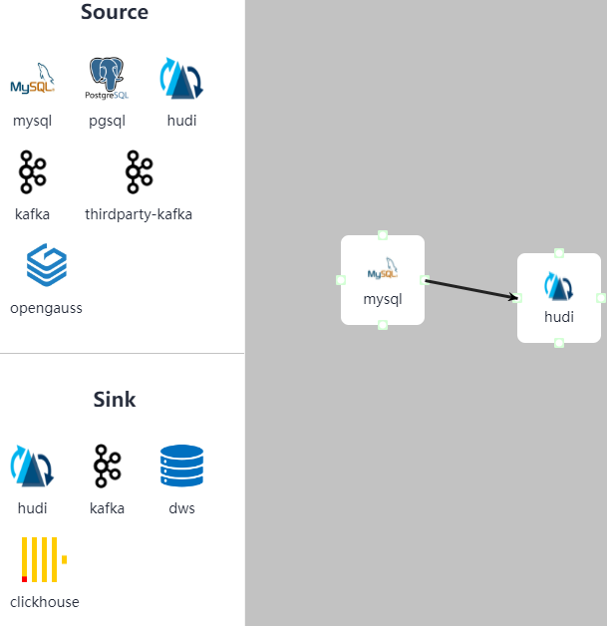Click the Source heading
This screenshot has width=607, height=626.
click(115, 13)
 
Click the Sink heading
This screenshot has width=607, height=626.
click(115, 400)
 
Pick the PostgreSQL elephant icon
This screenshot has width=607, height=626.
click(107, 79)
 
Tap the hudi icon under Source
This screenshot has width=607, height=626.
click(181, 79)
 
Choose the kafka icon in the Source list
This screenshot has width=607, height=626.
click(32, 172)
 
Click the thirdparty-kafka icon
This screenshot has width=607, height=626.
click(139, 172)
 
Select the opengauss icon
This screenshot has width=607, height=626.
click(46, 265)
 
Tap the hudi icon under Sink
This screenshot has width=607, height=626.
click(32, 466)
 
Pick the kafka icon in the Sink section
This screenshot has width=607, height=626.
click(107, 466)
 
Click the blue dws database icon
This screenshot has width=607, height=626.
click(181, 466)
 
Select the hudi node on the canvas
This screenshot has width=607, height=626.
click(559, 298)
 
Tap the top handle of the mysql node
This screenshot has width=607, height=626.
click(383, 235)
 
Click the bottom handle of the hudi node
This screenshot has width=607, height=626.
click(559, 343)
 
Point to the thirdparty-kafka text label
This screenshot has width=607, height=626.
click(139, 214)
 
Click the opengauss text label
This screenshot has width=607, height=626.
click(46, 308)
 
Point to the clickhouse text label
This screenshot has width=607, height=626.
click(44, 602)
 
